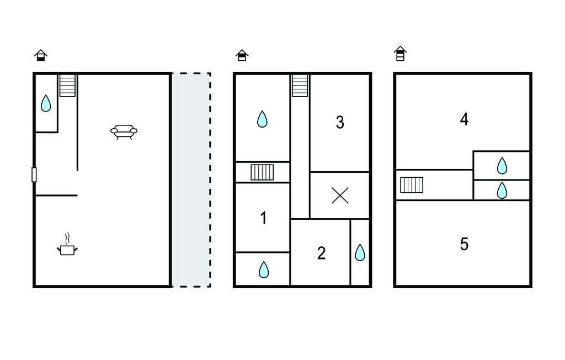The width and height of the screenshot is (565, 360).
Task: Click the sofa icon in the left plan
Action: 124,131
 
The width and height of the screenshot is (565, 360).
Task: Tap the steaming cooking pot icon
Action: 67,245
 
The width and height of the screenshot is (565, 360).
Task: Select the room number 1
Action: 263,218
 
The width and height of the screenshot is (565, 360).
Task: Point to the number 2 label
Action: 322,253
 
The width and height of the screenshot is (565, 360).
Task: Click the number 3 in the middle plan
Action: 340,122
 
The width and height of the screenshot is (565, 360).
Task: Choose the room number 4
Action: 464,119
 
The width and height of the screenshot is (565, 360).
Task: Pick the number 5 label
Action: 464,244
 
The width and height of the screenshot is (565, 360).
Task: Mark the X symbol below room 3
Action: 340,195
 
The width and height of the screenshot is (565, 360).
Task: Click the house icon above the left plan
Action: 41,55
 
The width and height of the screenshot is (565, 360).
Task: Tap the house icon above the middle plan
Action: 242,55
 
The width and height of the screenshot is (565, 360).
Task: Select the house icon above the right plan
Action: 400,54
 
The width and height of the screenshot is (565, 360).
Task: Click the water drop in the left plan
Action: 46,103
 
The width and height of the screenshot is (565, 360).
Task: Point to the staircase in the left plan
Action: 67,86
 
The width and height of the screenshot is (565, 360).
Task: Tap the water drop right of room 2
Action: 360,252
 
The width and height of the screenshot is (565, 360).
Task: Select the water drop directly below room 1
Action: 264,269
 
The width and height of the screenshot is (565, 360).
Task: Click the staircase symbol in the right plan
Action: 412,185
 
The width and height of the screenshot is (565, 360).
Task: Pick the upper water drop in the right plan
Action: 502,166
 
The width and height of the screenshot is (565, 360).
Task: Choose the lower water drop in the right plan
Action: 502,190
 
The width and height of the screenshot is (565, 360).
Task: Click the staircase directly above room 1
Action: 262,172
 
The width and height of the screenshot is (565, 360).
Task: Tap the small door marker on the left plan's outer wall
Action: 34,174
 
